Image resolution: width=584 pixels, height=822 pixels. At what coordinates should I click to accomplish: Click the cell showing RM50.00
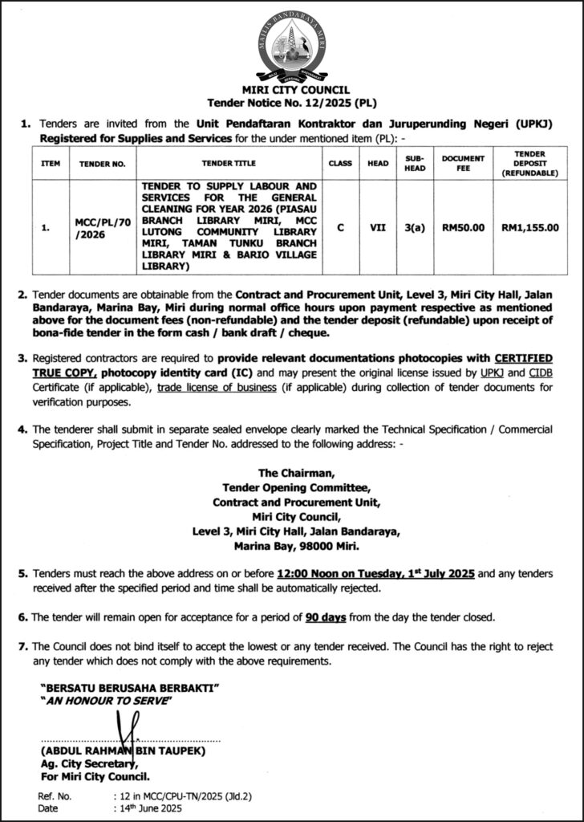click(x=463, y=227)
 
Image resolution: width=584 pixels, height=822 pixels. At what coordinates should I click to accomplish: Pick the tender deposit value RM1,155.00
click(x=529, y=227)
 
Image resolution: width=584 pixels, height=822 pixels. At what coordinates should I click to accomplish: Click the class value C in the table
click(x=341, y=227)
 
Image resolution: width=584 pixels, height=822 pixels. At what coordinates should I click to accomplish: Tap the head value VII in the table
click(x=378, y=227)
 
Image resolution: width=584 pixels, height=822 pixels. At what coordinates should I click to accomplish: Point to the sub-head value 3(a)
click(x=414, y=227)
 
